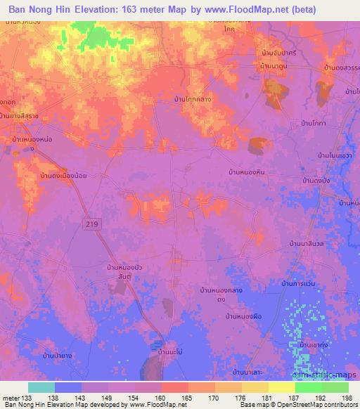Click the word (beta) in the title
301,9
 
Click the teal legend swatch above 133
41,387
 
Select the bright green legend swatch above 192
308,387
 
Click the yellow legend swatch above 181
255,387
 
